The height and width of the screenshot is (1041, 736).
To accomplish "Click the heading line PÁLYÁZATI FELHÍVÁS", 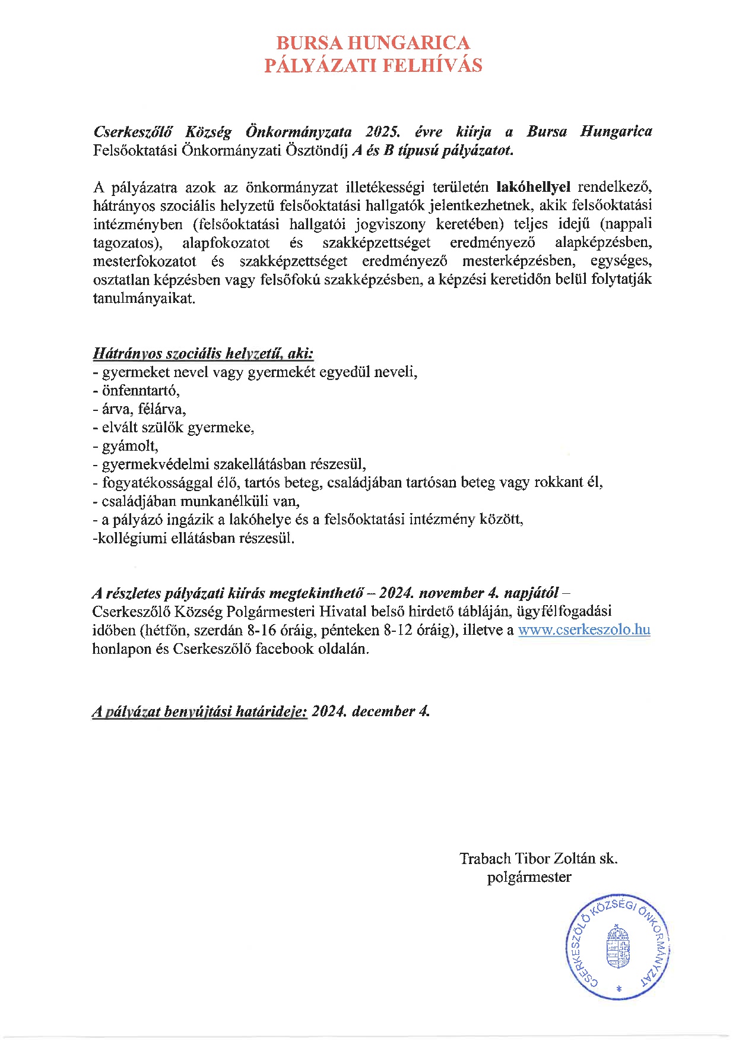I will [x=373, y=65].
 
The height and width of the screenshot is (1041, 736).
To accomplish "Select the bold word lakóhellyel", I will [x=533, y=188].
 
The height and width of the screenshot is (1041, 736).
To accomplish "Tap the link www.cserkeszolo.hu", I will [x=584, y=630].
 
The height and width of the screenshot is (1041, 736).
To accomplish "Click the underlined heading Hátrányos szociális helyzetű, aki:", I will [x=203, y=354].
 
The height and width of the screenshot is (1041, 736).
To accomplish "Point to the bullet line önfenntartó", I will [x=137, y=391].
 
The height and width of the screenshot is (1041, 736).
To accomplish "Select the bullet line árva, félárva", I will [x=139, y=409].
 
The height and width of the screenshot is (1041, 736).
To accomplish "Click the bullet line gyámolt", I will [x=126, y=446].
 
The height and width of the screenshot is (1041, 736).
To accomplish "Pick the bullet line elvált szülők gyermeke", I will [x=173, y=428].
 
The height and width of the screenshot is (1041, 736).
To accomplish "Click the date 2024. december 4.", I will [x=370, y=711].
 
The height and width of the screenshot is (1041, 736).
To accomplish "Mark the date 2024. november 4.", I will [x=441, y=593].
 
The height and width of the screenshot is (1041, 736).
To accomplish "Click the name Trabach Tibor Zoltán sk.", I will [x=538, y=859].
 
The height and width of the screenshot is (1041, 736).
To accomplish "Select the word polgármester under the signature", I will [x=529, y=877].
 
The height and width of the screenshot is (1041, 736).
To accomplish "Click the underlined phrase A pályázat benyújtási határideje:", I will [x=199, y=711].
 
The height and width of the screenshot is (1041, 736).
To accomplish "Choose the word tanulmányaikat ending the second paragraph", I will [x=144, y=298].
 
